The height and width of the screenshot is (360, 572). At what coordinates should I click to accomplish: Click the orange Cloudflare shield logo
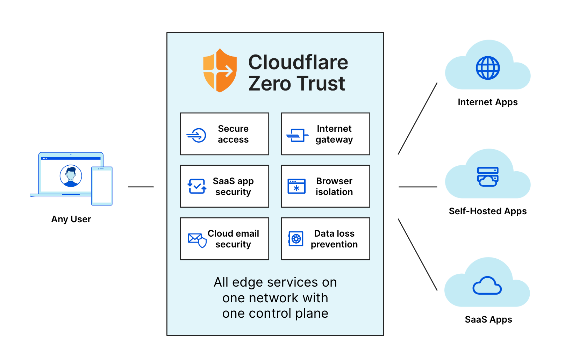pyautogui.click(x=220, y=71)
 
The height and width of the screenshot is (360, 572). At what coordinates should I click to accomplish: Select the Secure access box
pyautogui.click(x=224, y=134)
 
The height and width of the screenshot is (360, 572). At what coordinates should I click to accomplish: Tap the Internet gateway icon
pyautogui.click(x=297, y=135)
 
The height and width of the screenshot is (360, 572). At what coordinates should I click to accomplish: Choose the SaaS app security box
pyautogui.click(x=224, y=186)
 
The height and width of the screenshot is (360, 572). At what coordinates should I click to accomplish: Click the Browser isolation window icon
pyautogui.click(x=296, y=186)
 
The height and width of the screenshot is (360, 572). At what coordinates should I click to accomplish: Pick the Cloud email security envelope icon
pyautogui.click(x=197, y=240)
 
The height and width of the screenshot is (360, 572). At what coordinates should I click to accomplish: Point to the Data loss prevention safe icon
pyautogui.click(x=296, y=239)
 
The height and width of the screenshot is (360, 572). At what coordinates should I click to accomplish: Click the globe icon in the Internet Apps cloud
pyautogui.click(x=488, y=68)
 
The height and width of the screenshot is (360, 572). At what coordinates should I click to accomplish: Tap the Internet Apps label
pyautogui.click(x=487, y=102)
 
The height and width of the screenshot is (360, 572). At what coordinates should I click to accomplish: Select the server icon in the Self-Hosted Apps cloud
pyautogui.click(x=488, y=177)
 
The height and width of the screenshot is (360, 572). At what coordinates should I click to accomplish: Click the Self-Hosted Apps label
pyautogui.click(x=487, y=211)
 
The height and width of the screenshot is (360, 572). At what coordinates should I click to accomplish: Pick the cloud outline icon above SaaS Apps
pyautogui.click(x=487, y=286)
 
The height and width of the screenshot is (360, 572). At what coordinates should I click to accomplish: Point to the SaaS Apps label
pyautogui.click(x=488, y=319)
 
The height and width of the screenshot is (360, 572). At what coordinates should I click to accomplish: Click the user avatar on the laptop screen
pyautogui.click(x=71, y=176)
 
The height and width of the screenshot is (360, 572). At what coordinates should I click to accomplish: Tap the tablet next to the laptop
pyautogui.click(x=102, y=186)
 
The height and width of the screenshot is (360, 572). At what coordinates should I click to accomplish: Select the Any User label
pyautogui.click(x=71, y=219)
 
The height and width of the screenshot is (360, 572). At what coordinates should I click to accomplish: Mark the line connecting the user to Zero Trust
pyautogui.click(x=141, y=187)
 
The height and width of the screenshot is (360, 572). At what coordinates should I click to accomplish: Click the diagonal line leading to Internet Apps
pyautogui.click(x=417, y=119)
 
